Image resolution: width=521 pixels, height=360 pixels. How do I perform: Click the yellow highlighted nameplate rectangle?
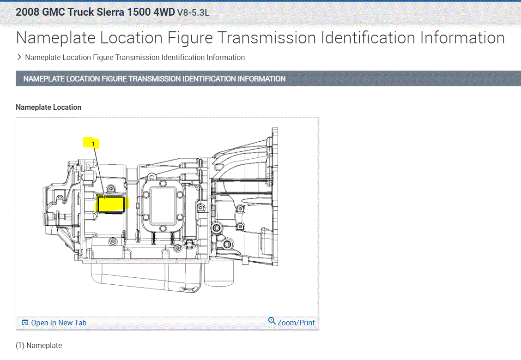point(111,204)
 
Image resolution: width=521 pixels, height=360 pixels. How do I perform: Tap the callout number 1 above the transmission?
point(93,144)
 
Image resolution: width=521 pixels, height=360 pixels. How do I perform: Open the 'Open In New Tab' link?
point(59,323)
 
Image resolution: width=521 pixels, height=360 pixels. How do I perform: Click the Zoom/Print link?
point(296,323)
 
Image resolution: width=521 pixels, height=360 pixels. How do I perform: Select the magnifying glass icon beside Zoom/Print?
point(272,321)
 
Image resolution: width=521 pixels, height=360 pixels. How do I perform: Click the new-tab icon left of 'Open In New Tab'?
point(25,323)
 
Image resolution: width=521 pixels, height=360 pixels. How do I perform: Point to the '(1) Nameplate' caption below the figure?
point(39,345)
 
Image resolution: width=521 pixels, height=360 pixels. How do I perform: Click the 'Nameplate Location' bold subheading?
point(48,107)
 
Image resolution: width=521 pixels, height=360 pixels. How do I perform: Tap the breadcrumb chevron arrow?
point(19,57)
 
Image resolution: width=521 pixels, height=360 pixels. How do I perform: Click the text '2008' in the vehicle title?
point(28,12)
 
